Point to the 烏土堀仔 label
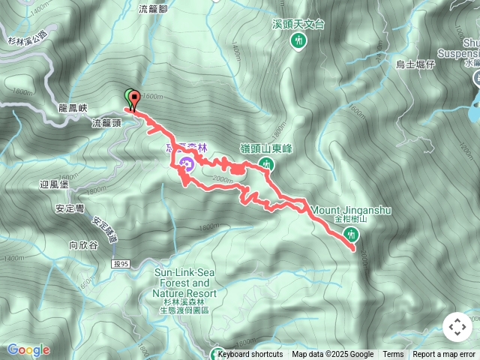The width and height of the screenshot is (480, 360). (415, 65)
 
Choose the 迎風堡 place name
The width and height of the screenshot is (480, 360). (54, 183)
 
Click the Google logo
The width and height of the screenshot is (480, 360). (28, 349)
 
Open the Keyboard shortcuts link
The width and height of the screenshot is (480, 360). (250, 355)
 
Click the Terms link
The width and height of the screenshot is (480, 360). (393, 355)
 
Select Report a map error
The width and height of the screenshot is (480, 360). (444, 355)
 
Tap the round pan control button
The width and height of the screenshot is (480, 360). (457, 327)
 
